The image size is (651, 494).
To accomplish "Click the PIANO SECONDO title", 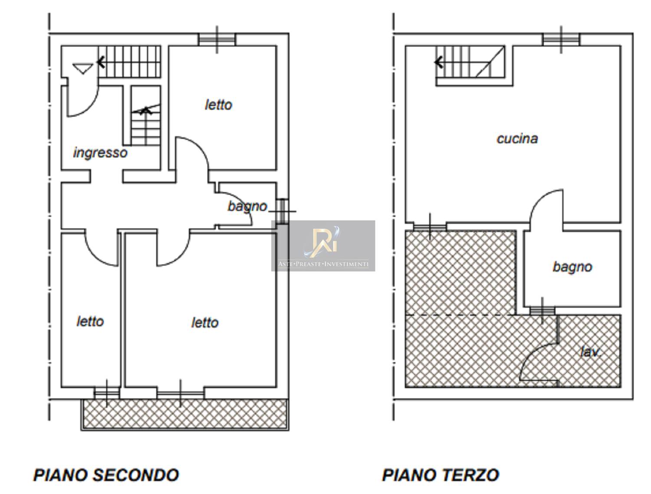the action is tap(106, 475).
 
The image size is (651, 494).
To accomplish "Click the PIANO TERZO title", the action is tap(441, 475).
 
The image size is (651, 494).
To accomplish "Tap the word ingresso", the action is tap(100, 153).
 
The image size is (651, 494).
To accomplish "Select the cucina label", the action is tap(517, 139).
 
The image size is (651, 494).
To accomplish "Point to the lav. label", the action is tap(591, 352).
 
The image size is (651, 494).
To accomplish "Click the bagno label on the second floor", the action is tap(247, 207).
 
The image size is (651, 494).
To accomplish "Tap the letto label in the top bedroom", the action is tap(219, 105).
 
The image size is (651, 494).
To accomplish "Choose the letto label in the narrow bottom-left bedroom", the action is tap(90, 321).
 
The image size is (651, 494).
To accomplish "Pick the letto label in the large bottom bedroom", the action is tap(205, 323).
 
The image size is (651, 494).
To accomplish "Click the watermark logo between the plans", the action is tap(323, 245).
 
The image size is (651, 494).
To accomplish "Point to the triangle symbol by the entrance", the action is tap(83, 69).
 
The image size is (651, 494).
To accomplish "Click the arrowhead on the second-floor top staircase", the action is tap(101, 62).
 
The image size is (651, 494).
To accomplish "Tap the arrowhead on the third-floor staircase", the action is tap(439, 62).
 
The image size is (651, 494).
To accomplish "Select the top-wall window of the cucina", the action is tap(561, 39).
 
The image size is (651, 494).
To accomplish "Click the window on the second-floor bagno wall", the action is tap(282, 211).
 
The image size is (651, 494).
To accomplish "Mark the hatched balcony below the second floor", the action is tap(185, 415).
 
